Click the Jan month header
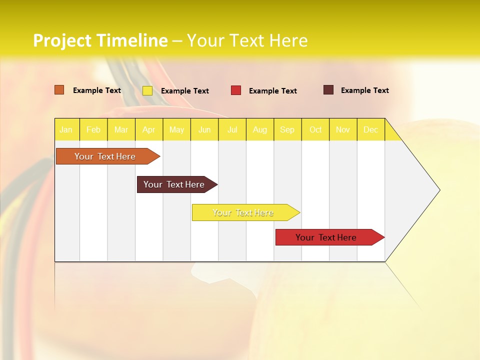(66, 129)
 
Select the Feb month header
(93, 129)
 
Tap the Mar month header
(121, 129)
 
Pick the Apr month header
(148, 129)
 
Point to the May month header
(176, 129)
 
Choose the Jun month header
(204, 129)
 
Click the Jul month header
(232, 129)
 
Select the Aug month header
(260, 129)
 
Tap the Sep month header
(287, 129)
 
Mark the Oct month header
(315, 129)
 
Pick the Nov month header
(343, 129)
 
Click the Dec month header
(371, 129)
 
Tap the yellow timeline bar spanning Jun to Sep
(243, 212)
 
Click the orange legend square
(59, 90)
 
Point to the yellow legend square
(147, 90)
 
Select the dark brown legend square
(328, 90)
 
